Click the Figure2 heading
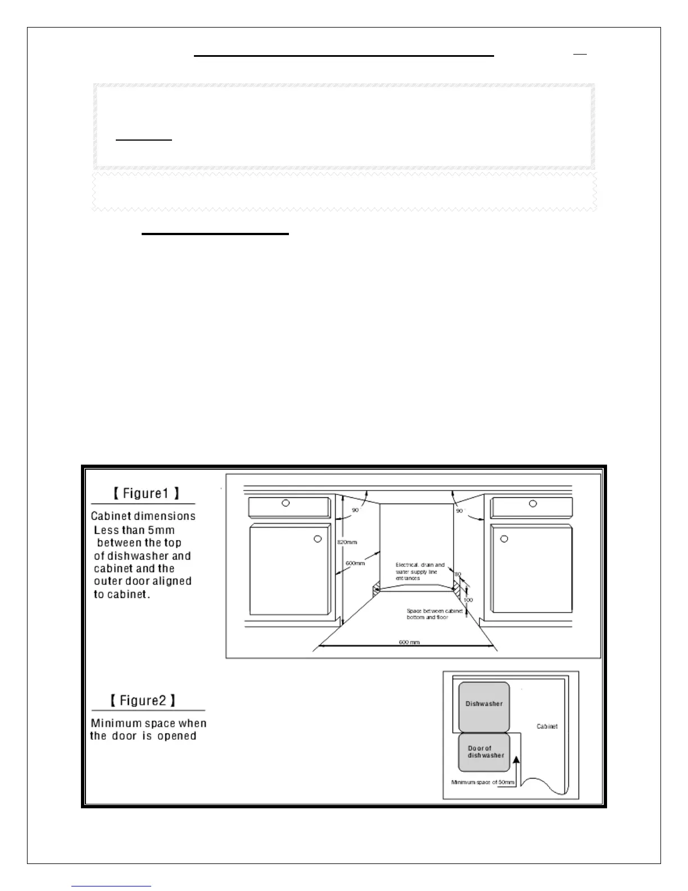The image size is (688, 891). [143, 701]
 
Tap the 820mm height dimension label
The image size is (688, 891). [347, 542]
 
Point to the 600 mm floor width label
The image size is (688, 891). [409, 642]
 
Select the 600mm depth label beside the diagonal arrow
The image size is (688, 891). [355, 563]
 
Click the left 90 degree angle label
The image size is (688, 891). [355, 510]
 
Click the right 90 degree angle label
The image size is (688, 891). [460, 511]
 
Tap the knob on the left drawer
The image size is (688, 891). [286, 503]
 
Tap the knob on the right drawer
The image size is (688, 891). [533, 503]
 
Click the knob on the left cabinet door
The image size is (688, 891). [318, 539]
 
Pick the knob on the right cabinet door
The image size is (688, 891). [504, 539]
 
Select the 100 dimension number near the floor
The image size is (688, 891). [468, 600]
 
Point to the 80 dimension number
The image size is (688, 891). [458, 574]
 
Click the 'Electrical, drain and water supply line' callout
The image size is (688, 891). [419, 571]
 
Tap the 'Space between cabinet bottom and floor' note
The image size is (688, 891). [434, 614]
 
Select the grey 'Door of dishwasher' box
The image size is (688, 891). [484, 752]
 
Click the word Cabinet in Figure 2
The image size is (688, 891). [547, 727]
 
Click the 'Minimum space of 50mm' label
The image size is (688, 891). [482, 782]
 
